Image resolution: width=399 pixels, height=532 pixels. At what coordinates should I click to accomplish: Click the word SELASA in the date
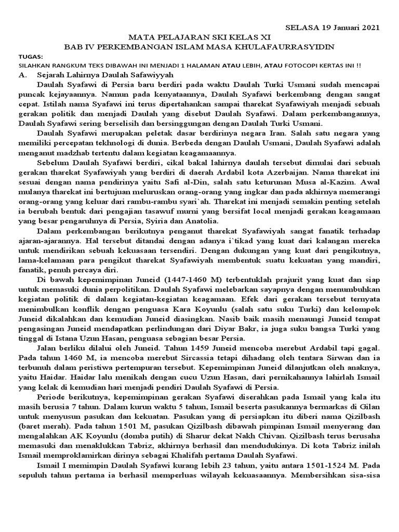tap(302, 26)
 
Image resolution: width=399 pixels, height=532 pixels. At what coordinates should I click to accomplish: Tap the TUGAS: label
tap(31, 56)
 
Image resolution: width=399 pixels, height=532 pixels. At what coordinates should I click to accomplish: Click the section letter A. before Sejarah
tap(22, 75)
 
